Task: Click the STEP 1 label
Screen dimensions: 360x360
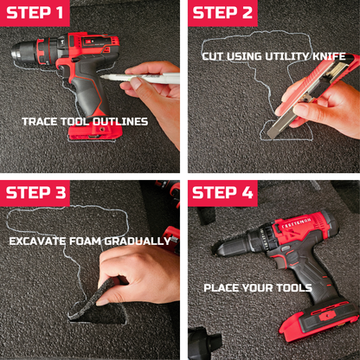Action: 35,13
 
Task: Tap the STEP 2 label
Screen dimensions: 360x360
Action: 222,13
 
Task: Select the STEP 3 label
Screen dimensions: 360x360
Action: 35,193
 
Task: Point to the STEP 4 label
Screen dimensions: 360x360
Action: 222,193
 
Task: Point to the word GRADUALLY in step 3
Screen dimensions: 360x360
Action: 138,241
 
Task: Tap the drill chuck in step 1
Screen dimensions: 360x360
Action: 23,53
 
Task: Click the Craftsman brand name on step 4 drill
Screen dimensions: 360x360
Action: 296,223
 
